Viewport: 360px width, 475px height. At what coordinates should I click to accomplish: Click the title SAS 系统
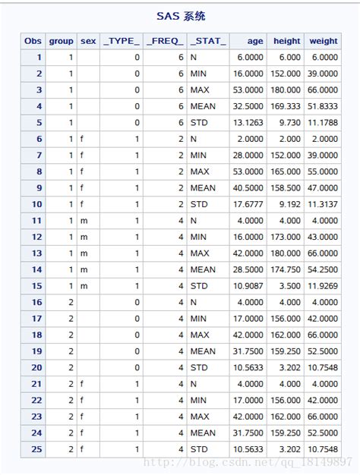(x=180, y=15)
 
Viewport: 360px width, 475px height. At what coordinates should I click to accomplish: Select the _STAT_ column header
(x=207, y=41)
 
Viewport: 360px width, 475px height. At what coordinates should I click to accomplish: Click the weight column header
(x=324, y=41)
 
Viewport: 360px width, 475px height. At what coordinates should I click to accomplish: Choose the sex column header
(x=88, y=41)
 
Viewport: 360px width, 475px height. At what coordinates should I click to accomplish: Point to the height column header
(x=286, y=41)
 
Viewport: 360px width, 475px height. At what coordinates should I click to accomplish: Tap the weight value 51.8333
(x=324, y=106)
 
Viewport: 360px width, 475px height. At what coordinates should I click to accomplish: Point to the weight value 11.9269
(x=324, y=285)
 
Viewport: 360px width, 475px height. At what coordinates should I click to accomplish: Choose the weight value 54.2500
(x=324, y=269)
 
